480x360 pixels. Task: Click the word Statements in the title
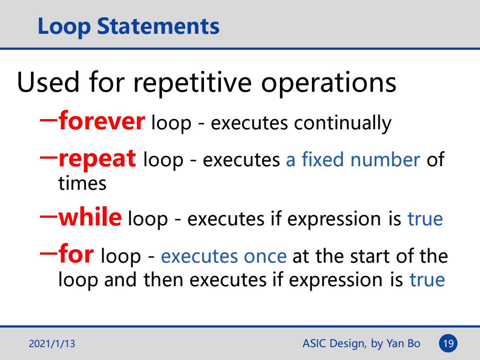pyautogui.click(x=158, y=26)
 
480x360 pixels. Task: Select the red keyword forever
pyautogui.click(x=102, y=120)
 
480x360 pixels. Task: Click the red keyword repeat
pyautogui.click(x=97, y=159)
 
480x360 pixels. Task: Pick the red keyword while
pyautogui.click(x=90, y=217)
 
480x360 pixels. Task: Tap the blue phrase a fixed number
pyautogui.click(x=353, y=160)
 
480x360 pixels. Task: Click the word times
pyautogui.click(x=82, y=184)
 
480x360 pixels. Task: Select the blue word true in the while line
pyautogui.click(x=425, y=219)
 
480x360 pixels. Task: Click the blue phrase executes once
pyautogui.click(x=224, y=256)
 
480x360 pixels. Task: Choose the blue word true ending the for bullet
pyautogui.click(x=428, y=280)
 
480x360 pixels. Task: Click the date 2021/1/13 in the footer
pyautogui.click(x=52, y=344)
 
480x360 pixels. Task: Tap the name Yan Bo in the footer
pyautogui.click(x=403, y=344)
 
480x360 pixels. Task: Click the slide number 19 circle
pyautogui.click(x=448, y=344)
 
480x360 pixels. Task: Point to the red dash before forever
pyautogui.click(x=49, y=120)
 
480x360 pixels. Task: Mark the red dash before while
pyautogui.click(x=49, y=216)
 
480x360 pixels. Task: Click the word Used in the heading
pyautogui.click(x=48, y=82)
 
